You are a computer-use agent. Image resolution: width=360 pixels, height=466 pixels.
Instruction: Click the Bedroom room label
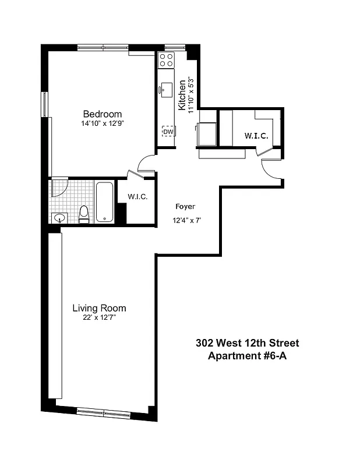click(x=102, y=114)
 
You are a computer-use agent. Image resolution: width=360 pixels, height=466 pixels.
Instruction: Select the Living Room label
click(x=99, y=308)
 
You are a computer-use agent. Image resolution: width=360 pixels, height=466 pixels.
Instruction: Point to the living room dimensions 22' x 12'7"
click(x=99, y=317)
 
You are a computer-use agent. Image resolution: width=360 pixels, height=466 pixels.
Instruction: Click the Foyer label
click(x=185, y=207)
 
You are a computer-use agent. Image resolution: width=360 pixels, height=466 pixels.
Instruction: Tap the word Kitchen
click(x=182, y=96)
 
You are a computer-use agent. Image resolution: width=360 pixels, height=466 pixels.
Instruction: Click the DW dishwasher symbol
click(x=168, y=132)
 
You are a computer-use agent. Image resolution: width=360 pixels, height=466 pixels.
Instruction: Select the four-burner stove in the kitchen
click(x=167, y=59)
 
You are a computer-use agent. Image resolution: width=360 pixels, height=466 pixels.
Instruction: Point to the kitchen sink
click(x=166, y=89)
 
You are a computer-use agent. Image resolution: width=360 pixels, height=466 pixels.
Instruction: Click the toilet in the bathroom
click(x=84, y=214)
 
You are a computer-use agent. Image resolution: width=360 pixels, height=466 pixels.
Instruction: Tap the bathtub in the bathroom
click(x=105, y=202)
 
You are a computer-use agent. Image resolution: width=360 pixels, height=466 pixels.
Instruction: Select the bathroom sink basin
click(x=58, y=218)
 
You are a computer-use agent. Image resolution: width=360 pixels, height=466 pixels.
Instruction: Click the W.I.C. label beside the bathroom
click(x=137, y=197)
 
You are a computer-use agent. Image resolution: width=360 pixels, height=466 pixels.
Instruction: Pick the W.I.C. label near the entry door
click(x=256, y=136)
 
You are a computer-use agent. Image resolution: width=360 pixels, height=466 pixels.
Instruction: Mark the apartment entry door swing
click(x=271, y=170)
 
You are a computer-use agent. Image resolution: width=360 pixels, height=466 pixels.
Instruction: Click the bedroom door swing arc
click(x=146, y=163)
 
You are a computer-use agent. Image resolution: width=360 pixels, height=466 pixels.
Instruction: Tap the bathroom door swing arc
click(x=59, y=187)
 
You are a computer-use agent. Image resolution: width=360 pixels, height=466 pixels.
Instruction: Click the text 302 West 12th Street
click(x=248, y=344)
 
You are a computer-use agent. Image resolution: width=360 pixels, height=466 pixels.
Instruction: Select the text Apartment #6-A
click(x=248, y=356)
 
